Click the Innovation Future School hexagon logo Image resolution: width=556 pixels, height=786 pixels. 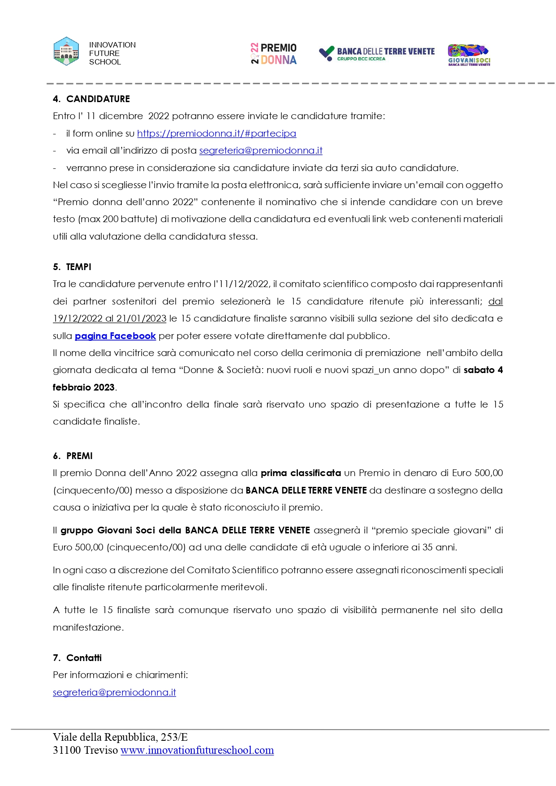[x=66, y=52]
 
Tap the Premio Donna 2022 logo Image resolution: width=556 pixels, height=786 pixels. [x=274, y=54]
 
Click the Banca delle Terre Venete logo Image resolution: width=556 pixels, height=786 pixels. [x=376, y=54]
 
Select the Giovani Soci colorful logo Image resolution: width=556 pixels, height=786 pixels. [x=469, y=55]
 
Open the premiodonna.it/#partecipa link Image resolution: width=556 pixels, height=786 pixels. [x=216, y=133]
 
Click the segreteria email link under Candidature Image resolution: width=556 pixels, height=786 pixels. [x=261, y=150]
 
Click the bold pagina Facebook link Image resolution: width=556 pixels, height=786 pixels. [x=115, y=336]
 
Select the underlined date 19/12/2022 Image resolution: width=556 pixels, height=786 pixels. [x=78, y=318]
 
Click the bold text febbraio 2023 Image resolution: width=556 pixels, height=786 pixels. [x=84, y=387]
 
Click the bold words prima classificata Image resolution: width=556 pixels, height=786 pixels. [x=301, y=473]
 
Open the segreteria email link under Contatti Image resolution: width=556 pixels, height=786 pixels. [x=114, y=692]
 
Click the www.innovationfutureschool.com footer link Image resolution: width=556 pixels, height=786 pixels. [x=197, y=750]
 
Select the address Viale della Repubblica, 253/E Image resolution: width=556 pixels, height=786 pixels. [x=120, y=737]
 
